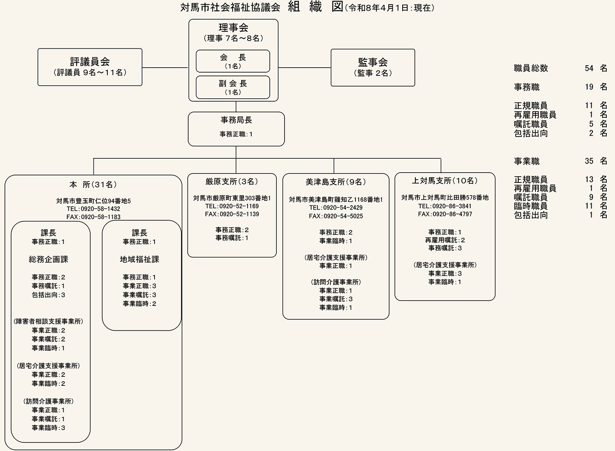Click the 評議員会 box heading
[x=90, y=62]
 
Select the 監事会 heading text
[x=373, y=62]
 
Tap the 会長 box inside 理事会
[x=233, y=61]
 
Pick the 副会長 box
[x=233, y=87]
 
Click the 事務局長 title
[x=236, y=120]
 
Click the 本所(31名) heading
[x=93, y=184]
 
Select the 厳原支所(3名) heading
[x=232, y=182]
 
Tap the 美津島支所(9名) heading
[x=336, y=182]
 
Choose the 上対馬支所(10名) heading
[x=445, y=181]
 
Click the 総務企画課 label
[x=48, y=260]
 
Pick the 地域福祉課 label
[x=139, y=260]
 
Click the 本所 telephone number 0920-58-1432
[x=93, y=209]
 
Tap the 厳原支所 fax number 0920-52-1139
[x=232, y=214]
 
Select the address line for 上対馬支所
[x=445, y=198]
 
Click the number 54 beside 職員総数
[x=589, y=68]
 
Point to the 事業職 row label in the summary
[x=527, y=162]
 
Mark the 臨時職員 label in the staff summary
[x=531, y=206]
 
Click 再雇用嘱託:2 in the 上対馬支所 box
[x=445, y=240]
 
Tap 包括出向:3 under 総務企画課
[x=48, y=295]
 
